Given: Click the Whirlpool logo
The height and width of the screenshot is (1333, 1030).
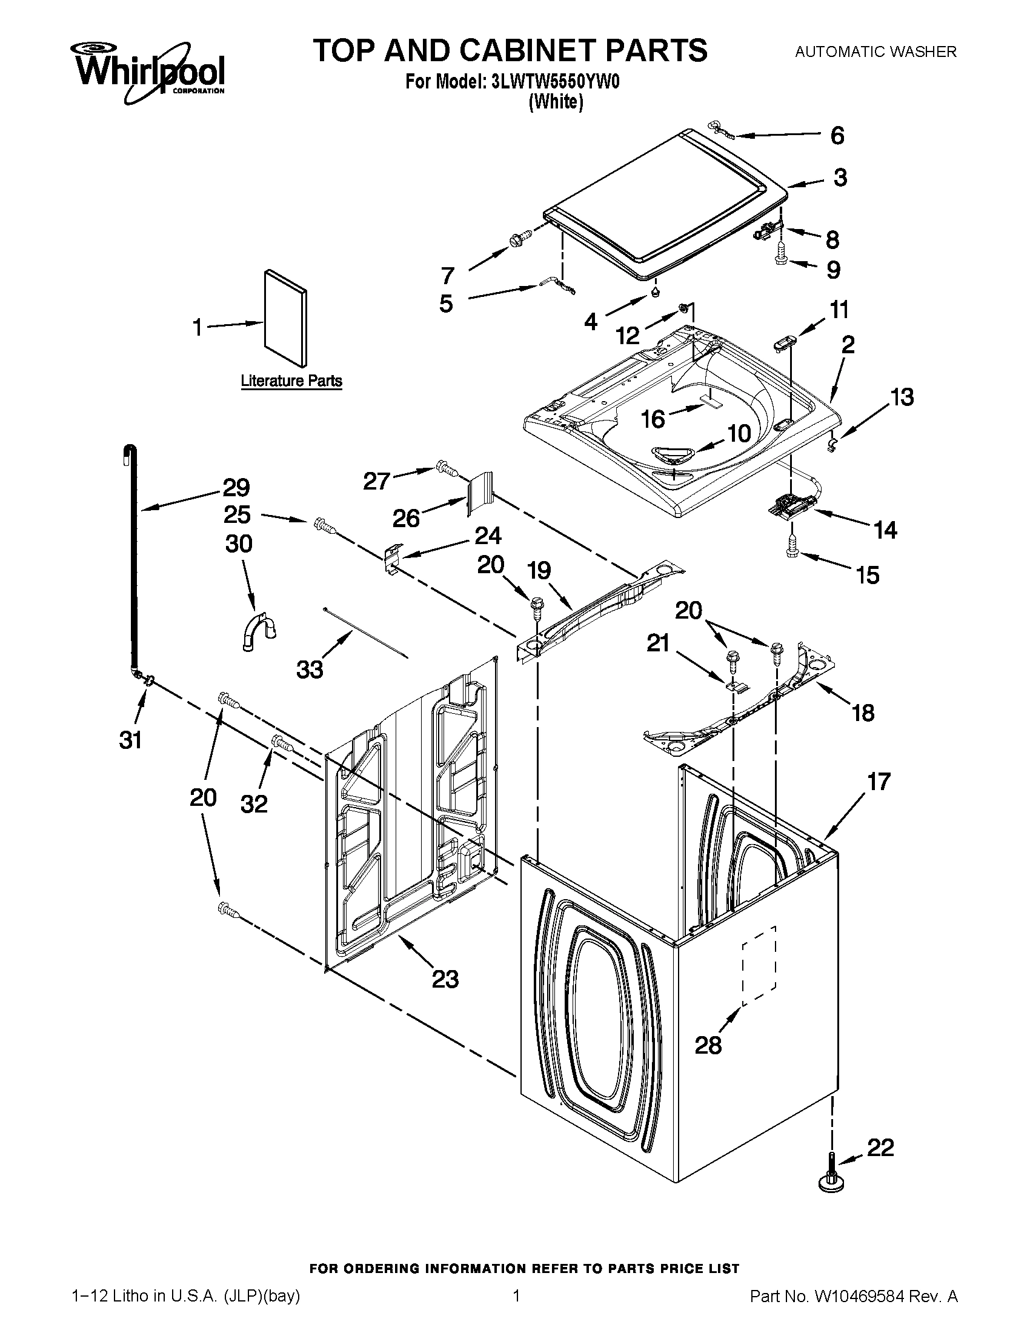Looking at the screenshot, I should pos(149,70).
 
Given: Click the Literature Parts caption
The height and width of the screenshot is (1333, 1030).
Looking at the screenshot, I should pos(291,381).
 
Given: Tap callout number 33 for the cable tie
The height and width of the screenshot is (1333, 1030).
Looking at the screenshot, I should pos(310,670).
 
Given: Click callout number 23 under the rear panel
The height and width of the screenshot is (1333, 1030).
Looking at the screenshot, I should pos(445,979).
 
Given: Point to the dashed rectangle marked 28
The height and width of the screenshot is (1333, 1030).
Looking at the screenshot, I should pos(759,965).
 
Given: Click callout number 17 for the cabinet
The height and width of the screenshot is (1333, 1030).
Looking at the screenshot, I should pos(879,781).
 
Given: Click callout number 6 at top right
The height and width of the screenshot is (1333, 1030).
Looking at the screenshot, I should pos(837,135).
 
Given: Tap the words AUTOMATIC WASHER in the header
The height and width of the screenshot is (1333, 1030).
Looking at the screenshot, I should pos(875,52).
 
